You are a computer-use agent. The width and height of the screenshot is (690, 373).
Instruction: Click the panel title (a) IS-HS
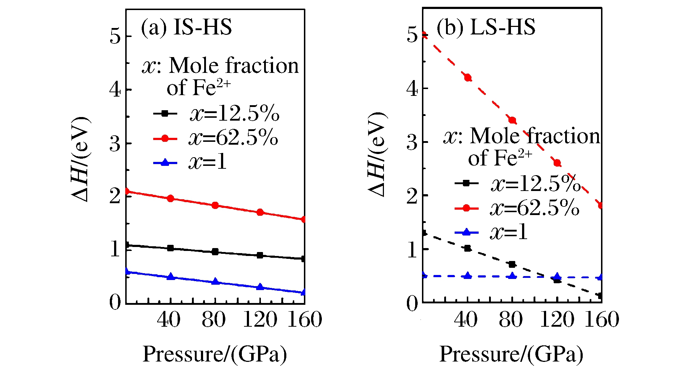(x=186, y=27)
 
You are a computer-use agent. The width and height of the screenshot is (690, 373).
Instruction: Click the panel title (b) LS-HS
(x=485, y=27)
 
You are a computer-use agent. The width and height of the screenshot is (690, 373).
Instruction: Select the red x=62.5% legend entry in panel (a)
(x=215, y=138)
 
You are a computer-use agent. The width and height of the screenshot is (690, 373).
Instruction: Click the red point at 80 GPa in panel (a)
(x=215, y=205)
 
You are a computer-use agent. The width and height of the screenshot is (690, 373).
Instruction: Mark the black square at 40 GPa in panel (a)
(x=170, y=248)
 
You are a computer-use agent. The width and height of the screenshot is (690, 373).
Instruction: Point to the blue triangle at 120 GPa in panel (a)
(x=260, y=287)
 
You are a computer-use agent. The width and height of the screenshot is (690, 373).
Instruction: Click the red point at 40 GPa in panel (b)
(x=468, y=78)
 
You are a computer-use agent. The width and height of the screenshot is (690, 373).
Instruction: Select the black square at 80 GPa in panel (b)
(x=512, y=265)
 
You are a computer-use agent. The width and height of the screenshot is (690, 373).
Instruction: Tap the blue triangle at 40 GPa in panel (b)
(x=468, y=276)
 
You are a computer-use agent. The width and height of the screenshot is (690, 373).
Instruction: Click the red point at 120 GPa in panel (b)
(x=557, y=163)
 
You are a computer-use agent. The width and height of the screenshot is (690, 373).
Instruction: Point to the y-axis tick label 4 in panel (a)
(x=115, y=90)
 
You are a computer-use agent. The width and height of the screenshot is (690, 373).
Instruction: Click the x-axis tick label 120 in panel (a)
(x=260, y=320)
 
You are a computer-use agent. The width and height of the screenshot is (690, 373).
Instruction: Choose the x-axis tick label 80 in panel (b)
(x=511, y=320)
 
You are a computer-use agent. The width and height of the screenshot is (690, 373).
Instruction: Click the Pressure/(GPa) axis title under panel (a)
(x=215, y=354)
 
